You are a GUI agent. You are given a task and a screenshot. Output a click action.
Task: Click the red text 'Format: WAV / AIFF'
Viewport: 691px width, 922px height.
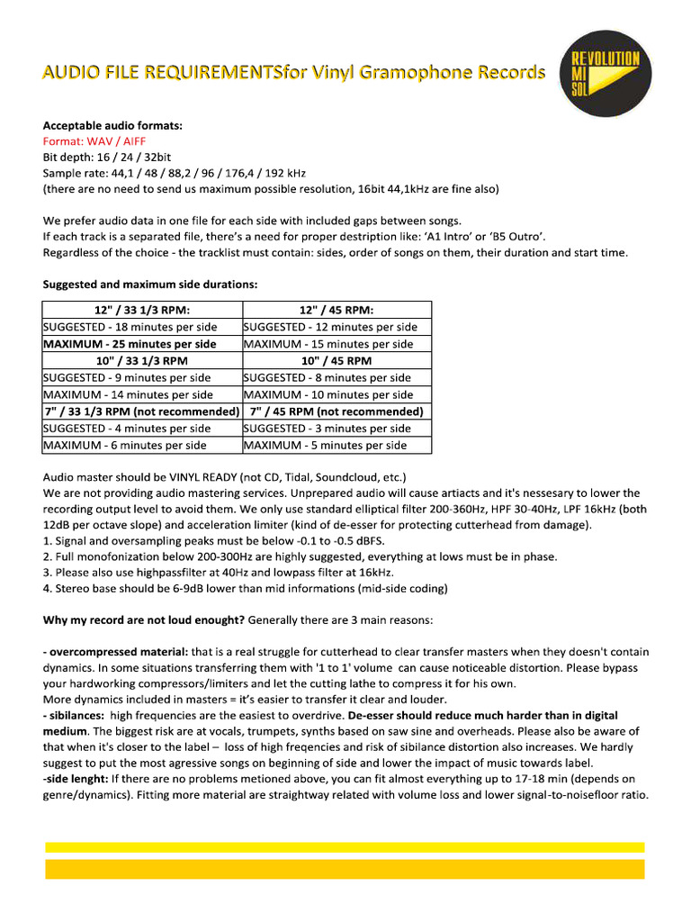tap(94, 141)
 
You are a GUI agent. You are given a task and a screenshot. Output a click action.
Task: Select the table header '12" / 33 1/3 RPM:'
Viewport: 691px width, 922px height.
tap(142, 310)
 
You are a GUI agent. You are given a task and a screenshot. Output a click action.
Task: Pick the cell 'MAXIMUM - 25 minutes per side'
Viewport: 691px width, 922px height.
tap(130, 344)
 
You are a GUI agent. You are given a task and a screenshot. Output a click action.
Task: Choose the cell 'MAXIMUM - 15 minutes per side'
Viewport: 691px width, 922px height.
tap(328, 344)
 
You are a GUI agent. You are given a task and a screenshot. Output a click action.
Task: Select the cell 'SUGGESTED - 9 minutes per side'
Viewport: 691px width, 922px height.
tap(127, 378)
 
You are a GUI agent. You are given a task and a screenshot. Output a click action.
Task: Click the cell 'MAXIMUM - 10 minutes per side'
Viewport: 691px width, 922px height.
tap(328, 394)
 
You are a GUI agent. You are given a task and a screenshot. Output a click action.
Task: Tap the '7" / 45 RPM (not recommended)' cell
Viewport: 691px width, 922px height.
tap(337, 411)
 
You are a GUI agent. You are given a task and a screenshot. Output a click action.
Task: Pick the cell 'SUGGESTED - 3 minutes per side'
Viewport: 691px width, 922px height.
tap(327, 429)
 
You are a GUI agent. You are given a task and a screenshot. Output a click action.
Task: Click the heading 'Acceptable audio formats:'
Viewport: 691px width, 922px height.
tap(112, 126)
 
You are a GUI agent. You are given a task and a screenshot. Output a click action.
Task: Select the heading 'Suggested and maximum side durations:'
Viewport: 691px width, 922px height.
tap(150, 285)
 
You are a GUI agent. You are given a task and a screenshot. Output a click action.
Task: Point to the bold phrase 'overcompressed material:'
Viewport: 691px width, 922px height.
tap(119, 652)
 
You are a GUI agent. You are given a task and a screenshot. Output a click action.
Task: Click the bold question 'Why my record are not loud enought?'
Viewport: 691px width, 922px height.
tap(144, 620)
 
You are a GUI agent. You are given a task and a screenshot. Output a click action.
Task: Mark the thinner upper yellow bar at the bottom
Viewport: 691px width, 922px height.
tap(345, 847)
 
